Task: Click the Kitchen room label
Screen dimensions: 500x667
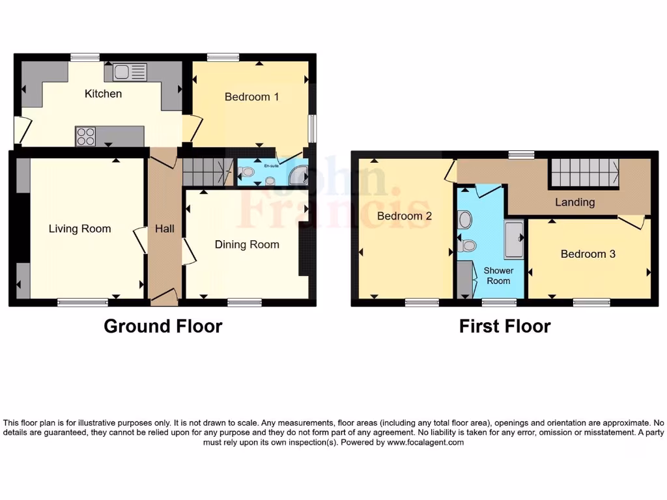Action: pos(103,94)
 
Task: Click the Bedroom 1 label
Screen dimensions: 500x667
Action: pos(251,97)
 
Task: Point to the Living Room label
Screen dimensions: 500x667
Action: pos(79,229)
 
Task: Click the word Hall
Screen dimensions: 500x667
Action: pos(164,229)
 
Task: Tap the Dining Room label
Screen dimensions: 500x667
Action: pos(247,245)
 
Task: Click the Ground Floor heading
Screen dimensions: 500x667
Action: pos(163,326)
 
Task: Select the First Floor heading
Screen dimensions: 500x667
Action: pos(505,326)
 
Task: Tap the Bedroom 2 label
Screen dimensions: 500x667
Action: pos(404,216)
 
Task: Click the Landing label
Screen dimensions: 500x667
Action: pos(575,202)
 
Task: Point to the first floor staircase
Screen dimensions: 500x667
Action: pos(584,173)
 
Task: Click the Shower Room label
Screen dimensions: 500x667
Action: pos(498,275)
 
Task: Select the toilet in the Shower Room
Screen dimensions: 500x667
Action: pos(468,246)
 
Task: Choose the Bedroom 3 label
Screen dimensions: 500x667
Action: pos(588,254)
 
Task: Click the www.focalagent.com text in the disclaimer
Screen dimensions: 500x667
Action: pos(425,442)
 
